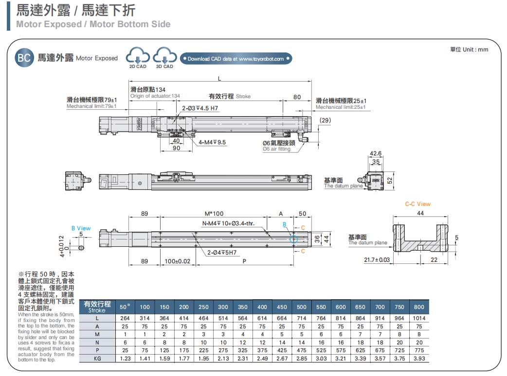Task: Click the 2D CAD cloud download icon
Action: click(x=138, y=56)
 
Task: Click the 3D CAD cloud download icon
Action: click(x=165, y=56)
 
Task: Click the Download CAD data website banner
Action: click(x=236, y=59)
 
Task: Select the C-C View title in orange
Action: click(x=417, y=204)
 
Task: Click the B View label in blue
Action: click(x=81, y=228)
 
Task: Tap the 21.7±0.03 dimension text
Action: click(x=377, y=260)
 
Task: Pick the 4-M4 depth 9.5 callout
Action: click(x=213, y=142)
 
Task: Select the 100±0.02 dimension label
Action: click(x=177, y=261)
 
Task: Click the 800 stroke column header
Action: click(x=419, y=307)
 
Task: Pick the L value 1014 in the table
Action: click(x=419, y=318)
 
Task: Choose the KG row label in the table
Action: click(x=97, y=359)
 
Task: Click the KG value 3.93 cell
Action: click(x=419, y=359)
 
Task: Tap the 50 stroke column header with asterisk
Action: click(x=125, y=307)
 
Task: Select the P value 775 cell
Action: click(x=419, y=350)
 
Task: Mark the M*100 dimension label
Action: click(x=214, y=214)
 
